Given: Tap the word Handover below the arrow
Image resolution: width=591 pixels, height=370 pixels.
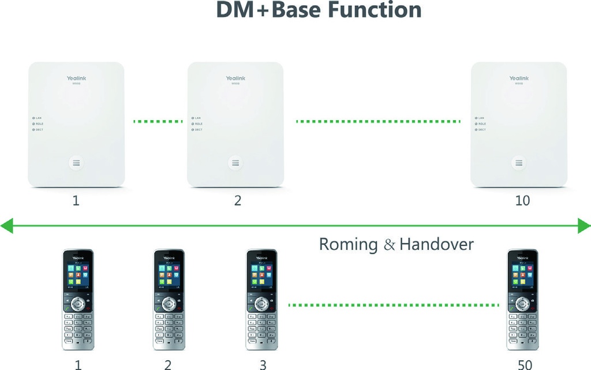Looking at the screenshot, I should tap(436, 244).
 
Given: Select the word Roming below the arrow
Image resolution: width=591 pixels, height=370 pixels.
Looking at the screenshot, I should tap(348, 244).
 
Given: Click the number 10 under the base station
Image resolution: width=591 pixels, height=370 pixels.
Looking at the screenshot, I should tap(522, 201).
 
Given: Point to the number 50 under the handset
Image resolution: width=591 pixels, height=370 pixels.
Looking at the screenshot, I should tap(524, 365).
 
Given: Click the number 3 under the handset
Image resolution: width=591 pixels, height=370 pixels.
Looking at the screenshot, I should tap(263, 365).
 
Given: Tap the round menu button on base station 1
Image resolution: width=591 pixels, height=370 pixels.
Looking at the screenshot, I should tap(76, 163).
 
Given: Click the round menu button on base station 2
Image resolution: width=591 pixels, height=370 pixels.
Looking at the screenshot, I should tap(235, 163).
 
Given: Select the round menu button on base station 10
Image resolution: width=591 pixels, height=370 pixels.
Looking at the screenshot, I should tap(519, 163).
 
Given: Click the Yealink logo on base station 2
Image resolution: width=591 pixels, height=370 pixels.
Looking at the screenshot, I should tap(235, 79).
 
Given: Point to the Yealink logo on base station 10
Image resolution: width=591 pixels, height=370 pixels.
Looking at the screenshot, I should tap(519, 79).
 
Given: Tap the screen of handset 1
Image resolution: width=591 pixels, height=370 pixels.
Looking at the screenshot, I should tap(78, 276).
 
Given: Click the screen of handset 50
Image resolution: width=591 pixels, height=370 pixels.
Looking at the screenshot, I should tap(522, 276).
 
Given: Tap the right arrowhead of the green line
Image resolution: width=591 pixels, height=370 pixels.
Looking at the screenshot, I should tap(584, 226).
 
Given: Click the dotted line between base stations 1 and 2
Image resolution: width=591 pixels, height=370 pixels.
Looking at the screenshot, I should tap(157, 121).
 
